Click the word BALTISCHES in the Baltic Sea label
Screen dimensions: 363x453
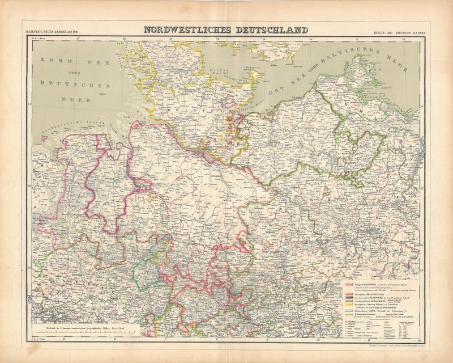coord(361,60)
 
